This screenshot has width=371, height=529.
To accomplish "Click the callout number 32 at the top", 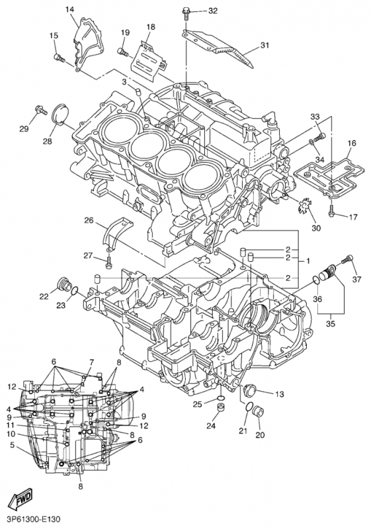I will pyautogui.click(x=212, y=11).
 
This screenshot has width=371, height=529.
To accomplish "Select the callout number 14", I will pyautogui.click(x=70, y=9).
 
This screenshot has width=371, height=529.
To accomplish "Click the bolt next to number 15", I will pyautogui.click(x=60, y=58).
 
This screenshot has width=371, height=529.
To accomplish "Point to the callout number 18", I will pyautogui.click(x=151, y=26).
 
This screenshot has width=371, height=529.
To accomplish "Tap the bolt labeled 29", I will pyautogui.click(x=37, y=110).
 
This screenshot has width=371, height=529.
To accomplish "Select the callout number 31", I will pyautogui.click(x=265, y=46).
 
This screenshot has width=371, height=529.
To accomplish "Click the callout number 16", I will pyautogui.click(x=351, y=143).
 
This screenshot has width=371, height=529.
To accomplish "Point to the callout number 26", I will pyautogui.click(x=89, y=220).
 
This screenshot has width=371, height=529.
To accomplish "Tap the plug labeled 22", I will pyautogui.click(x=64, y=285).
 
